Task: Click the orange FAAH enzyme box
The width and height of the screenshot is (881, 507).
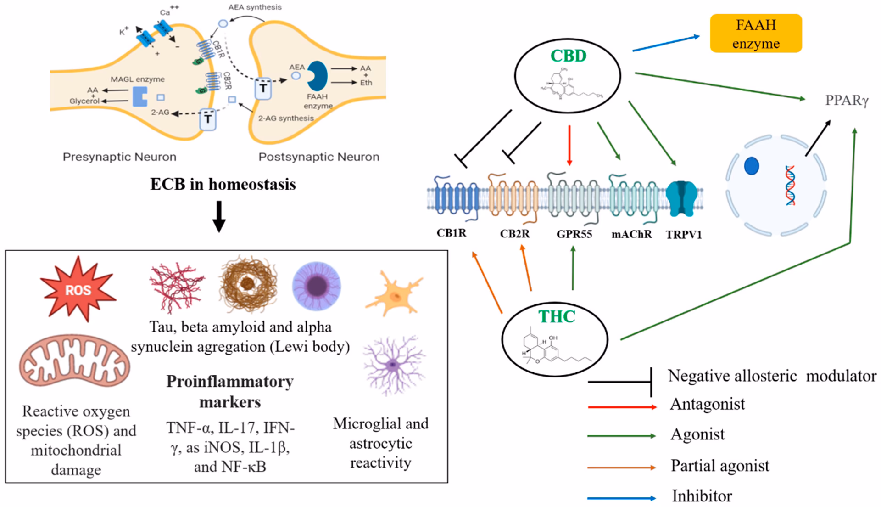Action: coord(756,33)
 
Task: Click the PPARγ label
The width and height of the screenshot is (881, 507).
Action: coord(847,100)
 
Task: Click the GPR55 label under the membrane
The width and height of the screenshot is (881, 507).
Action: coord(574,234)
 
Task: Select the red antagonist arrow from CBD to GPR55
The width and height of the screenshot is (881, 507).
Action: coord(569,145)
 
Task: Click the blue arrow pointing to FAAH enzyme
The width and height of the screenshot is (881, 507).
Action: coord(665,43)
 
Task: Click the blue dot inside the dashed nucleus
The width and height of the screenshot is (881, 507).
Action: coord(751,166)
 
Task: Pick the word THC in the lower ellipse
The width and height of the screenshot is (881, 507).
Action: coord(557,316)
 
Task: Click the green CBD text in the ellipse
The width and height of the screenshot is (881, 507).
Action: coord(568,56)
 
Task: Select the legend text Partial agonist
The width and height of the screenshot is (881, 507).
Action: coord(719,466)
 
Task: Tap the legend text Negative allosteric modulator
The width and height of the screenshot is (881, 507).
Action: coord(772,376)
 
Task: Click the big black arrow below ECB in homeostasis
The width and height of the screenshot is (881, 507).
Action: coord(219,216)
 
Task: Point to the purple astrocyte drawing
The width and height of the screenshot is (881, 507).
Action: coord(393,365)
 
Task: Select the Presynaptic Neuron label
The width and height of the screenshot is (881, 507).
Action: coord(119,157)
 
